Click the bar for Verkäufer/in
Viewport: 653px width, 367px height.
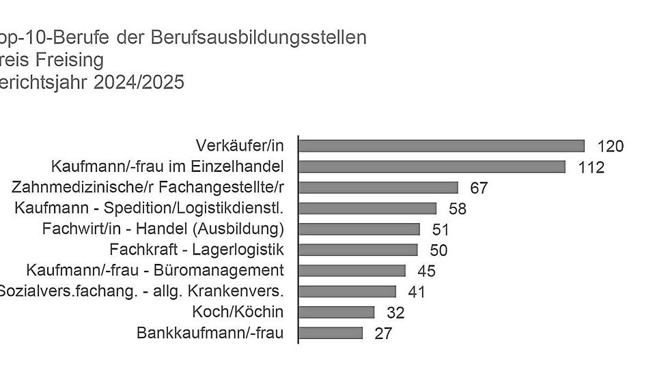pyautogui.click(x=441, y=146)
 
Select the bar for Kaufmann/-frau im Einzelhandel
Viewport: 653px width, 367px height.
pyautogui.click(x=432, y=166)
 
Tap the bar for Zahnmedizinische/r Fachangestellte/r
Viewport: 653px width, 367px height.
pyautogui.click(x=378, y=188)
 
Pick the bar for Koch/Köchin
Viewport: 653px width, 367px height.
pyautogui.click(x=337, y=312)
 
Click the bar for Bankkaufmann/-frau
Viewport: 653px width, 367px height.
pyautogui.click(x=331, y=333)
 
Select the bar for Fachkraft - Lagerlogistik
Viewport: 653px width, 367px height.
pyautogui.click(x=358, y=250)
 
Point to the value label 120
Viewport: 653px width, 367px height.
pyautogui.click(x=610, y=146)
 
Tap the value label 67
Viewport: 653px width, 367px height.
pyautogui.click(x=479, y=188)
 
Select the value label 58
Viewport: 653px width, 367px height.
pyautogui.click(x=457, y=209)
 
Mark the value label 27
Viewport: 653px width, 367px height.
pyautogui.click(x=383, y=334)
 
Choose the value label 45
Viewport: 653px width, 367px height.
pyautogui.click(x=426, y=271)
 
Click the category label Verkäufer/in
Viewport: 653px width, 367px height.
pyautogui.click(x=239, y=145)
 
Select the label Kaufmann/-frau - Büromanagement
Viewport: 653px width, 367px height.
pyautogui.click(x=154, y=270)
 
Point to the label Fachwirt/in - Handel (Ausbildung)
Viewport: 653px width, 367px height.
pyautogui.click(x=163, y=229)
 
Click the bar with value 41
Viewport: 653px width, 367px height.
pyautogui.click(x=347, y=291)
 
